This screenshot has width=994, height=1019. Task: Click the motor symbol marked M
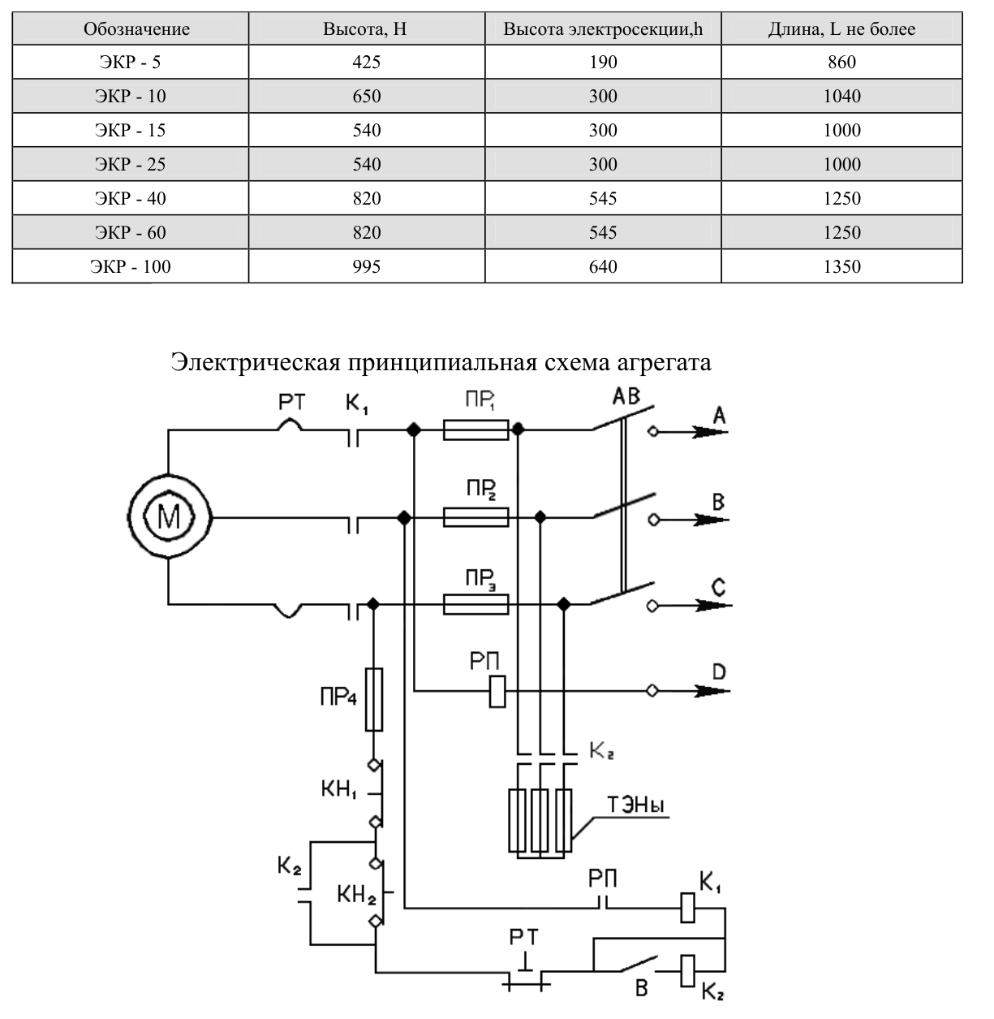[x=169, y=517]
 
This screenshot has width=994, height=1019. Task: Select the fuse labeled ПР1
[x=475, y=430]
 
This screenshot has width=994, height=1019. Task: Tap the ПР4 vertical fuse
[x=374, y=699]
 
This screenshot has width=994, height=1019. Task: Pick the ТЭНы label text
[x=635, y=805]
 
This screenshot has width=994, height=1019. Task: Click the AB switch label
[x=626, y=396]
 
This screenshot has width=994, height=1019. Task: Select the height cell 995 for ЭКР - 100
[x=367, y=266]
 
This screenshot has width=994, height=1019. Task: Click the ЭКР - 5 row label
[x=130, y=62]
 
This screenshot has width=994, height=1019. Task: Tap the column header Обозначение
[x=136, y=28]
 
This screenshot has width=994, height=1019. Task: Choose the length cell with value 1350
[x=841, y=266]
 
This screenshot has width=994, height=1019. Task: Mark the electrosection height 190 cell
[x=603, y=62]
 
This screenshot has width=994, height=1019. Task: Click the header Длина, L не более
[x=841, y=28]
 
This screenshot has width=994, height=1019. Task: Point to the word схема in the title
[x=574, y=362]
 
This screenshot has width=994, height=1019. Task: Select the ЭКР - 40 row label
[x=131, y=198]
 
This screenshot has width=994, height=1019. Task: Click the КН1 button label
[x=339, y=789]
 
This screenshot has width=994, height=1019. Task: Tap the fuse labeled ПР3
[x=475, y=604]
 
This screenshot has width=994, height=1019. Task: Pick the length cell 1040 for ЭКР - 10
[x=841, y=96]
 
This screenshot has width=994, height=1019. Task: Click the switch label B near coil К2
[x=642, y=988]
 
